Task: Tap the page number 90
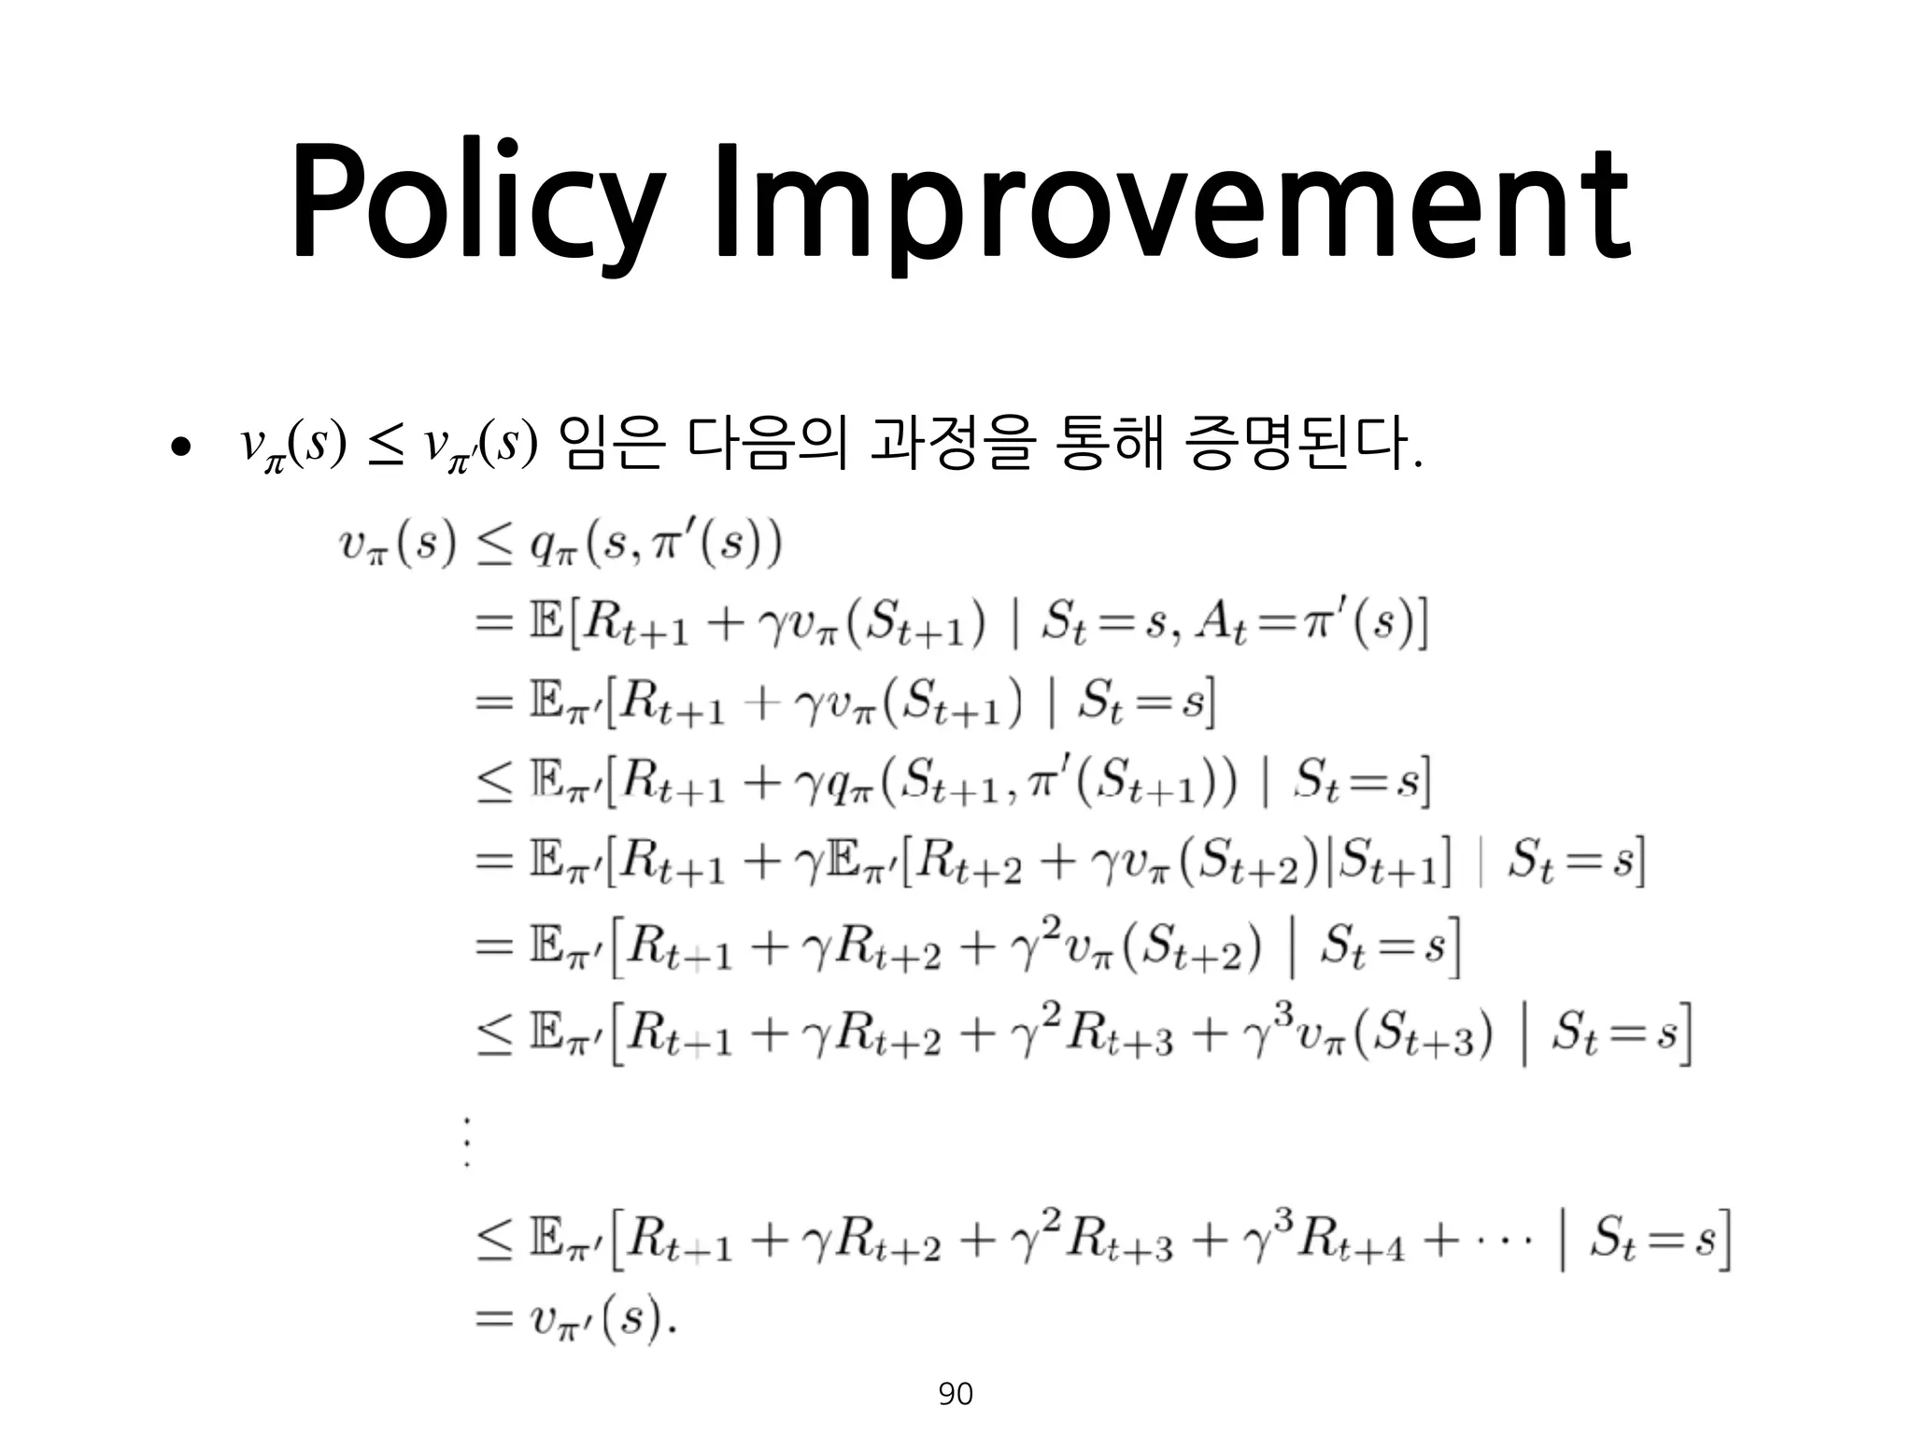955,1394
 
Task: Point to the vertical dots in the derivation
466,1142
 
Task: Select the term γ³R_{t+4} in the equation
1323,1242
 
